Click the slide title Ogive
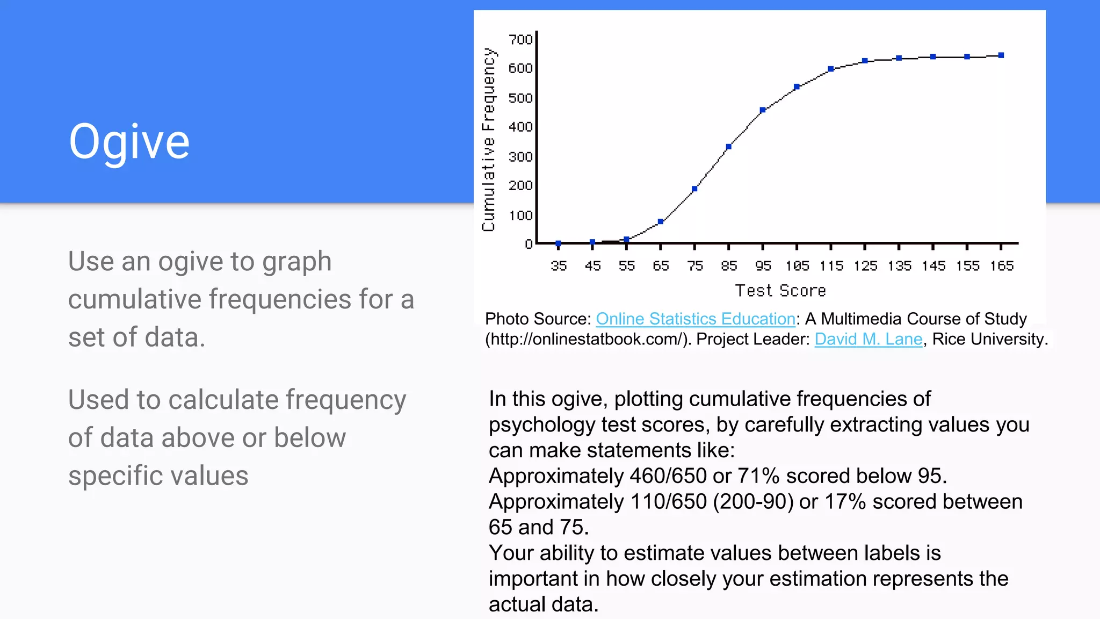[x=129, y=141]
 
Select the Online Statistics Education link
[x=695, y=319]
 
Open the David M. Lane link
[x=868, y=339]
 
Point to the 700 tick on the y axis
[x=520, y=39]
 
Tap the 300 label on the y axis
[x=520, y=156]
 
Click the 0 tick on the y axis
[x=529, y=244]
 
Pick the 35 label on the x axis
[x=559, y=265]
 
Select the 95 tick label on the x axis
[x=763, y=265]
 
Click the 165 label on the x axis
[x=1002, y=265]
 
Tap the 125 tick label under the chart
[x=865, y=265]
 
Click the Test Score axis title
[x=780, y=291]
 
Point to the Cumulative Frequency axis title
[x=488, y=140]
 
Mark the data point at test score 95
[x=763, y=110]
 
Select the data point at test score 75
[x=694, y=189]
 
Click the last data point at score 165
[x=1001, y=55]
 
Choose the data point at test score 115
[x=831, y=69]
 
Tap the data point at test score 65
[x=661, y=221]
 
